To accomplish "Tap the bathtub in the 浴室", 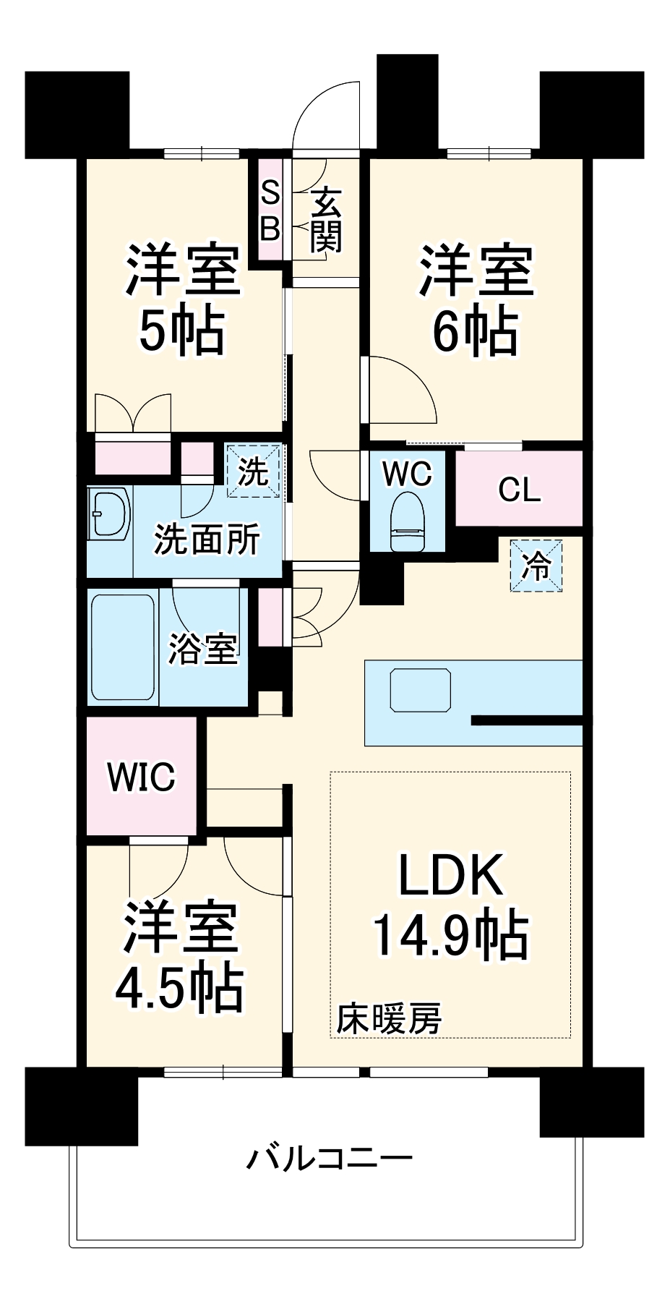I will click(x=122, y=647).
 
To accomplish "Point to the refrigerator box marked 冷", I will click(x=536, y=566).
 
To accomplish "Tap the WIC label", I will click(x=141, y=776).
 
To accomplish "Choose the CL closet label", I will click(x=519, y=490).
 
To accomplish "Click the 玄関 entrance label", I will click(x=326, y=219).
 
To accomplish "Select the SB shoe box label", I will click(x=270, y=210).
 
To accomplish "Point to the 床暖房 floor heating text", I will click(x=389, y=1018).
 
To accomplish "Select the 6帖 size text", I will click(x=475, y=331).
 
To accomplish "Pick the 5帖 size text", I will click(x=181, y=331).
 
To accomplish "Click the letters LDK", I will click(x=450, y=875).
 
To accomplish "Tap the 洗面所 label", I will click(x=207, y=539).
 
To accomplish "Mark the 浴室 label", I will click(x=203, y=648).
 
